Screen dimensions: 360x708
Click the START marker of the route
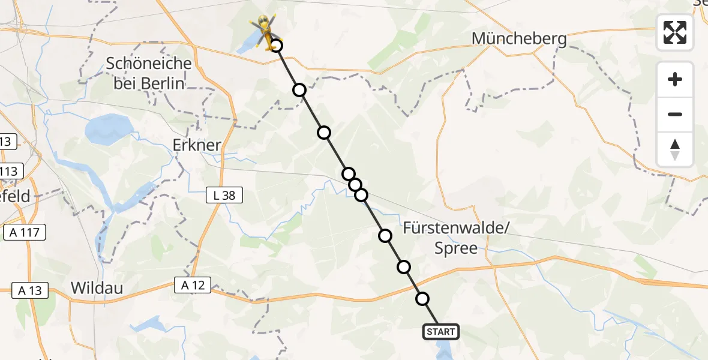(441, 332)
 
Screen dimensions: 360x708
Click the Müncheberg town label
(519, 39)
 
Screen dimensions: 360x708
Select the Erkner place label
(197, 146)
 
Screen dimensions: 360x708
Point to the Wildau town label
(97, 288)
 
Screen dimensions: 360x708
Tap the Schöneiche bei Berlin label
(149, 73)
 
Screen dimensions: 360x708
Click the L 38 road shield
(224, 194)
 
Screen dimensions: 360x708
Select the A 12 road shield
(193, 286)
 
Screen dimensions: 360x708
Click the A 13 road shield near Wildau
(29, 290)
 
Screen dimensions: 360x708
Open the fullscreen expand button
(675, 32)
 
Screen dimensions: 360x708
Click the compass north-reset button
(675, 149)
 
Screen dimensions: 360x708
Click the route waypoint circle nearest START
(422, 299)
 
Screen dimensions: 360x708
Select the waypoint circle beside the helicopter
(276, 46)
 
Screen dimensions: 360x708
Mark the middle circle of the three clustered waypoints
(355, 185)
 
